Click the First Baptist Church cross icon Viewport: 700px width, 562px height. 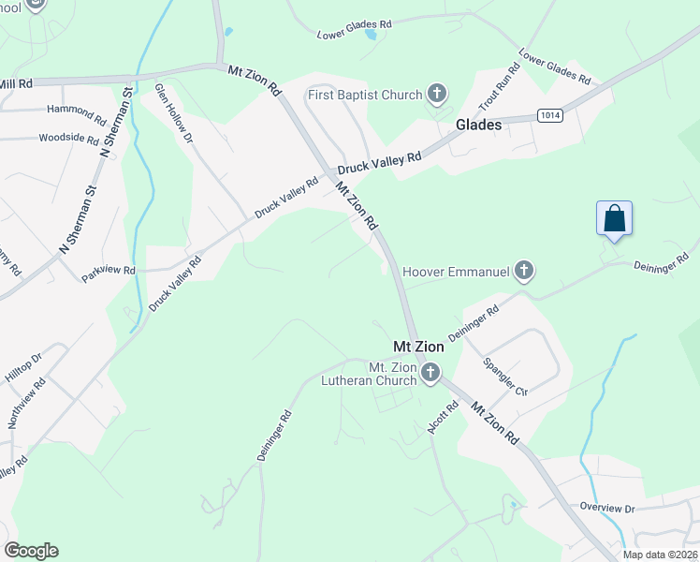pyautogui.click(x=436, y=94)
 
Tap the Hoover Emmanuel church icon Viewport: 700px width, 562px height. pyautogui.click(x=524, y=272)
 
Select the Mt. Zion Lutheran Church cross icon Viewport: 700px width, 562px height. pyautogui.click(x=430, y=374)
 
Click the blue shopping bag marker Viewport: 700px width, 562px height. pyautogui.click(x=614, y=219)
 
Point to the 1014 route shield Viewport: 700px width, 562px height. pyautogui.click(x=550, y=114)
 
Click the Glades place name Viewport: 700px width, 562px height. pyautogui.click(x=478, y=125)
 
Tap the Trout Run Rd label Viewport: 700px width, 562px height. pyautogui.click(x=498, y=84)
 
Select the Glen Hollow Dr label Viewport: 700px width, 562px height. pyautogui.click(x=174, y=112)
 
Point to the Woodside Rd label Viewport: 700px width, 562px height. pyautogui.click(x=68, y=138)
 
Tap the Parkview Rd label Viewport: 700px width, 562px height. pyautogui.click(x=108, y=270)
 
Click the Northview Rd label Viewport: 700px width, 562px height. pyautogui.click(x=25, y=404)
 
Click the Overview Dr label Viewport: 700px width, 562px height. pyautogui.click(x=606, y=507)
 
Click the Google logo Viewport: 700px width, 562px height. pyautogui.click(x=31, y=551)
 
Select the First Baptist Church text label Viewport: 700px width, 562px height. pyautogui.click(x=366, y=94)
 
